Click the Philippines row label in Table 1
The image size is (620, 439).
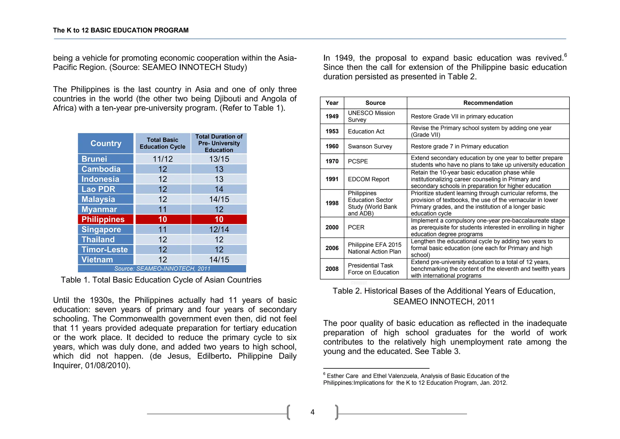(x=103, y=219)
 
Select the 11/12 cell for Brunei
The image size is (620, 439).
(x=163, y=159)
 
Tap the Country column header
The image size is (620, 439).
(x=106, y=143)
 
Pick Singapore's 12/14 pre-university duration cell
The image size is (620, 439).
(x=219, y=230)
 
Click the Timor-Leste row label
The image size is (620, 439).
(x=104, y=250)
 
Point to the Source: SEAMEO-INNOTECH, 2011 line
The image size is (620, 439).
(x=162, y=269)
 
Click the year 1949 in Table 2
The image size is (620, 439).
(x=332, y=116)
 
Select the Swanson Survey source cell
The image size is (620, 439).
(x=370, y=146)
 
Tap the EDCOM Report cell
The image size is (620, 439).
(x=368, y=179)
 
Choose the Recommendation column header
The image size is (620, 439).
(x=488, y=103)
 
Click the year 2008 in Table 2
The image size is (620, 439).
(x=332, y=269)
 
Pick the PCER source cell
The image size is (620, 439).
(x=356, y=227)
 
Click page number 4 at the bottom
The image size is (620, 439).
(x=312, y=412)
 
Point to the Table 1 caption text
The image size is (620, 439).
(x=161, y=280)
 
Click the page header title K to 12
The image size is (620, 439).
(x=120, y=30)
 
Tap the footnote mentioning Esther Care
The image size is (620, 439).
(x=416, y=379)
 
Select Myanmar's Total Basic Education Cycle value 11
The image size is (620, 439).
(x=163, y=209)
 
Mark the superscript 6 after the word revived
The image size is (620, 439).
(x=565, y=55)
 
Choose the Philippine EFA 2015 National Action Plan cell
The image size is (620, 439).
(x=374, y=248)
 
